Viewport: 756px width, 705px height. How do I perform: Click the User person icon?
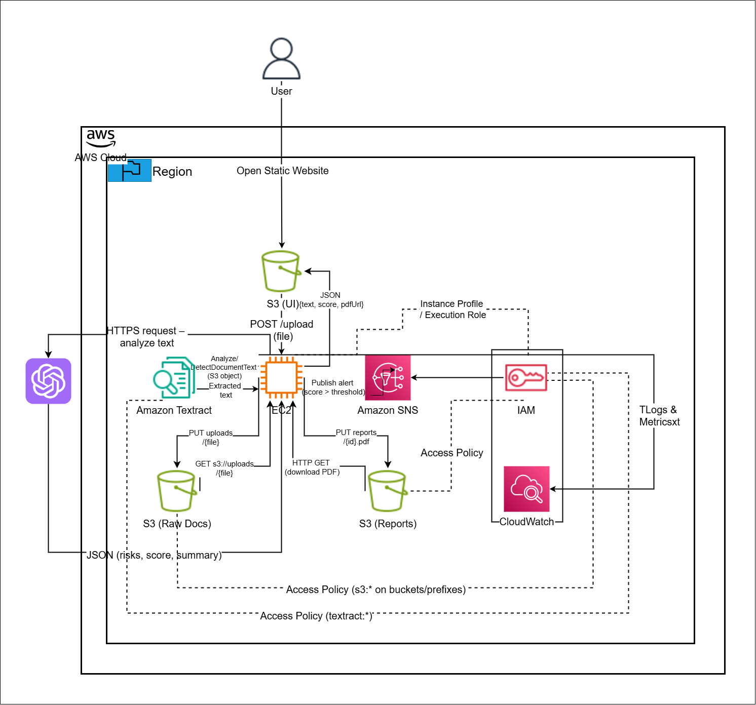click(x=282, y=59)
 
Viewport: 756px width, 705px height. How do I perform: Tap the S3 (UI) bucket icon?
click(x=281, y=271)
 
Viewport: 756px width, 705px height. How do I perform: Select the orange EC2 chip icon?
click(x=281, y=377)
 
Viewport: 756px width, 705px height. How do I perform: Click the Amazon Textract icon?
click(x=174, y=378)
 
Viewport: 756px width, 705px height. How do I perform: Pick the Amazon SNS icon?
click(x=388, y=378)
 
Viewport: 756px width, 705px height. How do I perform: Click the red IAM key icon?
click(x=526, y=378)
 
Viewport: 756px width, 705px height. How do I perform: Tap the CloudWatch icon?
click(x=526, y=489)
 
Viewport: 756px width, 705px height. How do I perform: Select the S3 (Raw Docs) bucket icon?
click(x=177, y=491)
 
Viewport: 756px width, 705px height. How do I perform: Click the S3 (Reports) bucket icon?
click(x=388, y=491)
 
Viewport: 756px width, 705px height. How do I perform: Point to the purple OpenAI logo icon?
click(x=49, y=381)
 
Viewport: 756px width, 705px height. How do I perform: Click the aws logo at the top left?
click(x=101, y=137)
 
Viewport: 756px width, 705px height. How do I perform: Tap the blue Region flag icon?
click(x=130, y=170)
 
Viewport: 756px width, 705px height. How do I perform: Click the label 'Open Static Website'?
click(x=283, y=171)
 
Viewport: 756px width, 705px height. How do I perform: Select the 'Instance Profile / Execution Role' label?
click(x=452, y=309)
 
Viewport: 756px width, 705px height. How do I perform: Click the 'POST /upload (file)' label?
click(x=282, y=330)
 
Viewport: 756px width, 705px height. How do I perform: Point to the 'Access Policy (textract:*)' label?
click(x=316, y=616)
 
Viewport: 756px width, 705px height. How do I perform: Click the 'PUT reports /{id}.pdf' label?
click(x=356, y=437)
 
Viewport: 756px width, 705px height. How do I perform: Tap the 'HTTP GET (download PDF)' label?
click(x=312, y=467)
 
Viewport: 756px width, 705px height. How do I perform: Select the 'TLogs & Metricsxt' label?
click(x=659, y=416)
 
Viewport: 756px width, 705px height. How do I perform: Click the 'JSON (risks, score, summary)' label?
click(x=154, y=555)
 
